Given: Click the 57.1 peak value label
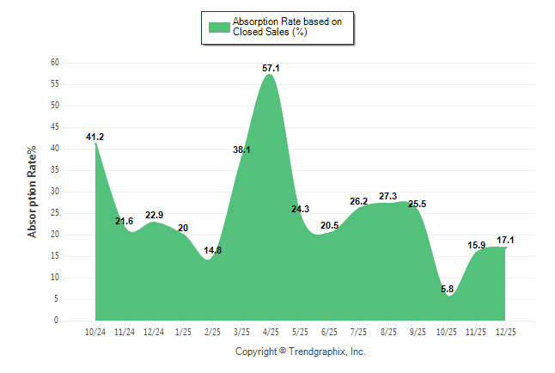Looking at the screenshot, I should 271,67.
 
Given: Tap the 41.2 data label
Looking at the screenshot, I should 95,137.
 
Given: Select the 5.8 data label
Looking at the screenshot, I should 447,289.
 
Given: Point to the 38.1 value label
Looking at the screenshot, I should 241,150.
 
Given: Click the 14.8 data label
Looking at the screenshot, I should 213,250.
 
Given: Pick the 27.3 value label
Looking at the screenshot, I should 388,196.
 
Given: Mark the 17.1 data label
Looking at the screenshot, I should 505,241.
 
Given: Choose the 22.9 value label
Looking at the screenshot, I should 154,215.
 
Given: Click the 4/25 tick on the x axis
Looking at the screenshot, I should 271,331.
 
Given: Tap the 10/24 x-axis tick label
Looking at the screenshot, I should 95,331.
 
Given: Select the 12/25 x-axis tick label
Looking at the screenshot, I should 505,331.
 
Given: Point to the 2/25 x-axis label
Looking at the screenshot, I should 212,331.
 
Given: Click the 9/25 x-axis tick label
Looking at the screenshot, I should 418,331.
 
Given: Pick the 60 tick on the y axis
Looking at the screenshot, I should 55,63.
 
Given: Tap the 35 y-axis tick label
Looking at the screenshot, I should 55,170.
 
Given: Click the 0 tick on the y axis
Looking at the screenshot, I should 57,321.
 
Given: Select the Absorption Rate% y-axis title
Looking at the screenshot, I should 33,192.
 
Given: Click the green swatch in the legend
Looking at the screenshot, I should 219,27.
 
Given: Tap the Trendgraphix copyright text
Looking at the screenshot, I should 301,352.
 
